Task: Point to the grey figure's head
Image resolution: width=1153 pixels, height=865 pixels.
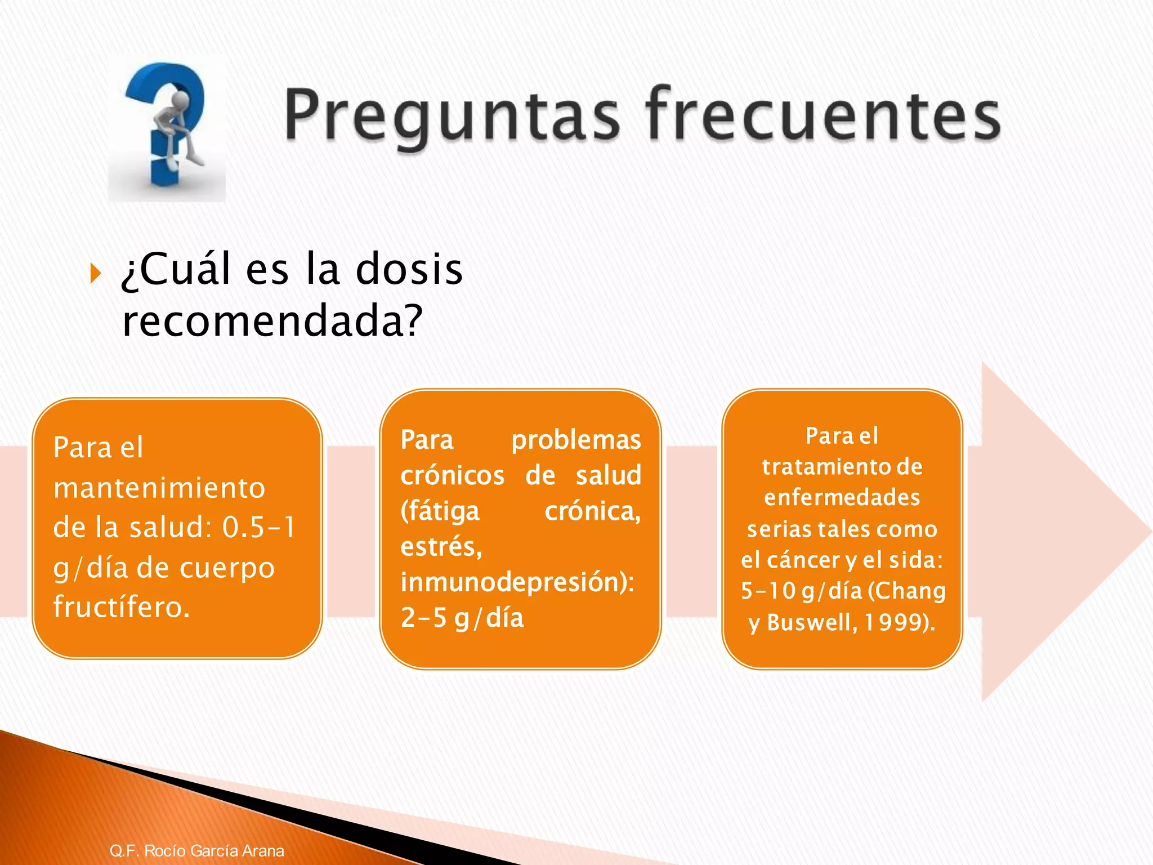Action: pos(180,101)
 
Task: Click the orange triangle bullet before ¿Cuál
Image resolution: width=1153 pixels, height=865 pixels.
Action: pos(96,274)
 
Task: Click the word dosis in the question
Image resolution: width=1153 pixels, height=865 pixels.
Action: pos(409,269)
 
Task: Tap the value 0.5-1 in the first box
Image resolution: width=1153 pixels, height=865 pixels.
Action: pos(258,528)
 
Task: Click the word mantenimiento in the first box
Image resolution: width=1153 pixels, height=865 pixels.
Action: pos(159,488)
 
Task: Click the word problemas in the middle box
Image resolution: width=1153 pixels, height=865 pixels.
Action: pos(575,440)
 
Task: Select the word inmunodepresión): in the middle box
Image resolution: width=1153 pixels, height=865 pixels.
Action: pos(517,582)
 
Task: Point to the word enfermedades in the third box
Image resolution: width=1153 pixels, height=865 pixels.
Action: pos(842,498)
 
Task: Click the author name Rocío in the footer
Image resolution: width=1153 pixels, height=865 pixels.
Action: pos(166,850)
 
